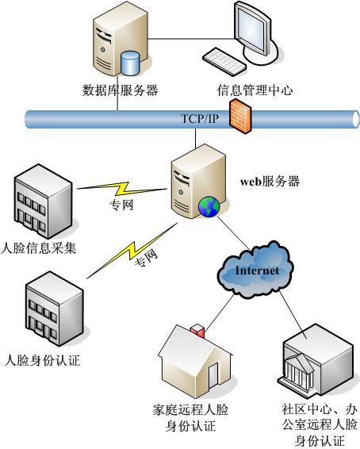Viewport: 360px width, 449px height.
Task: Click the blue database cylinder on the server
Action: point(130,63)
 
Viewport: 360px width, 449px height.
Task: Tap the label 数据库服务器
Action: point(121,90)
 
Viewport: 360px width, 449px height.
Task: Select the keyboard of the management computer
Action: point(224,62)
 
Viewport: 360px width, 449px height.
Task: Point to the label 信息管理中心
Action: point(255,90)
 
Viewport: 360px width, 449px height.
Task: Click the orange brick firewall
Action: point(240,116)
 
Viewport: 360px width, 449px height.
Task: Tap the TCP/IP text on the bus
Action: point(200,118)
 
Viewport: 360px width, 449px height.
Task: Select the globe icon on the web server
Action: point(209,206)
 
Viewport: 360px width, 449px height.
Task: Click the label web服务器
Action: point(270,181)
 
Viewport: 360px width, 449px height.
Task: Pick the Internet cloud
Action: point(255,270)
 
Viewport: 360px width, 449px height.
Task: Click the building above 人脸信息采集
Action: point(43,201)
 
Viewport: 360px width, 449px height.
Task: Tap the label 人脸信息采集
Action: point(38,248)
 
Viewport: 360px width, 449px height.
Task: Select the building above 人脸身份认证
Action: point(55,309)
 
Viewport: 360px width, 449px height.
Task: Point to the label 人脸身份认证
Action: point(42,360)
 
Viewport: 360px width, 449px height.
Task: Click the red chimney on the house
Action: point(197,331)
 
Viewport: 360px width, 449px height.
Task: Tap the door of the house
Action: point(213,375)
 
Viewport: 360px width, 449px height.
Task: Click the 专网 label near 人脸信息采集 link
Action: point(121,205)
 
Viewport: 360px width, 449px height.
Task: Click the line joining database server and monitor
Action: point(190,39)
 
